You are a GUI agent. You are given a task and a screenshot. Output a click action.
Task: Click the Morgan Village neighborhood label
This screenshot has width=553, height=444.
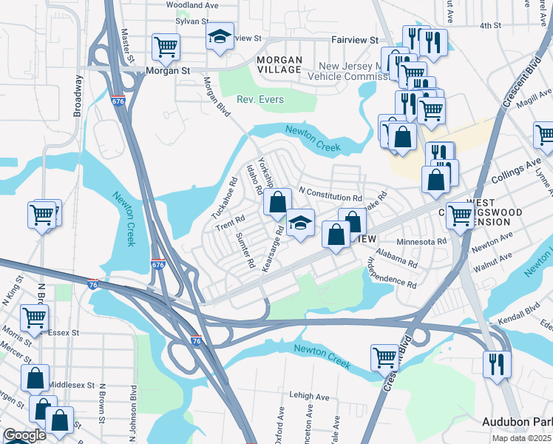tap(279, 64)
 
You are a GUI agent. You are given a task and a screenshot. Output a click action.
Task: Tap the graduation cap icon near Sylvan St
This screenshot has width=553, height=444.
tap(220, 36)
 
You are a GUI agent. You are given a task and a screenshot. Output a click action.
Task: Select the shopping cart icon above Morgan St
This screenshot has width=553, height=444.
tap(166, 47)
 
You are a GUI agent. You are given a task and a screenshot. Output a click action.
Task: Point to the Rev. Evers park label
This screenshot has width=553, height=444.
tap(259, 99)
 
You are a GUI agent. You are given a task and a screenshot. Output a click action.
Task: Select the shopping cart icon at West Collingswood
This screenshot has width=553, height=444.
tap(461, 216)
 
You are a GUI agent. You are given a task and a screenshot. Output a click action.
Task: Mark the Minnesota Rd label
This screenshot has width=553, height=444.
tap(421, 241)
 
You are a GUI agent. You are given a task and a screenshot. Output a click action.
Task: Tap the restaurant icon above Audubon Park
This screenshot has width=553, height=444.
tap(495, 363)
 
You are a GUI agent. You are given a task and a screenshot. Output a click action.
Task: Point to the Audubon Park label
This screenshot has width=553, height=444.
tap(517, 421)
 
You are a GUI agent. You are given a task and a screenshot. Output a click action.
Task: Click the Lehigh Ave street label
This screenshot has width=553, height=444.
tap(309, 397)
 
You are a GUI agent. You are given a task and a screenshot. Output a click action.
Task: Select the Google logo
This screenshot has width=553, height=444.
tap(24, 435)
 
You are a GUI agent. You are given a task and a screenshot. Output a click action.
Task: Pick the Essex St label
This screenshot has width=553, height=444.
tap(63, 332)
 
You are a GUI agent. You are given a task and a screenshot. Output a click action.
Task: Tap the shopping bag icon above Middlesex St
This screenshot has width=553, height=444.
tap(35, 377)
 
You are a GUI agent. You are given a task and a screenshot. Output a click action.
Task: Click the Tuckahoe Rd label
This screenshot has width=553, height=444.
tap(224, 197)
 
